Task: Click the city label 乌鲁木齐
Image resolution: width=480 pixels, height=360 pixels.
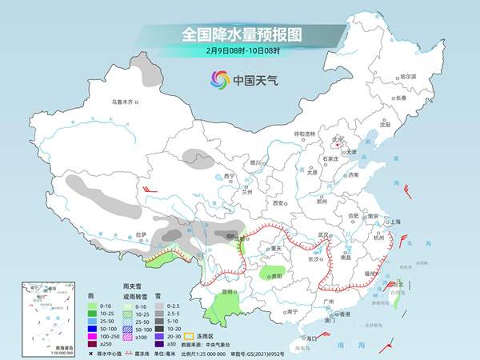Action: [125, 102]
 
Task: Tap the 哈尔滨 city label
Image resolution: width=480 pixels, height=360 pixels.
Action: [408, 76]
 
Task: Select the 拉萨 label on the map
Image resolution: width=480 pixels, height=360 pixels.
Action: [142, 234]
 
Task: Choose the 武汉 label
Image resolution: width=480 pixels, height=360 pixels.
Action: [323, 234]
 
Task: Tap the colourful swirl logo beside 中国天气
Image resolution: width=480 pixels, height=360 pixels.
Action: [218, 79]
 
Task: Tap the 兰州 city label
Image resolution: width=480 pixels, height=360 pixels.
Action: [246, 192]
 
